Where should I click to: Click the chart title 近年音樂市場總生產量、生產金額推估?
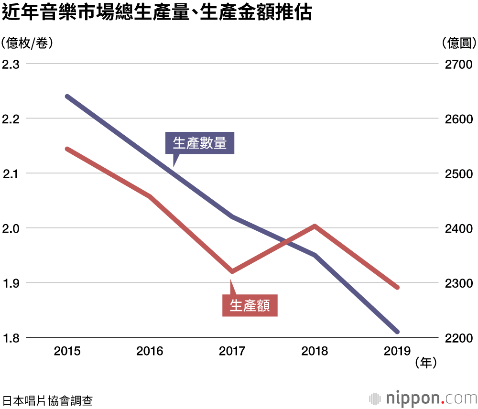pos(157,13)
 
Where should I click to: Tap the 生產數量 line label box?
pos(200,143)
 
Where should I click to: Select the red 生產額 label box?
pos(250,305)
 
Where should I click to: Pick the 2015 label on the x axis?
pos(67,352)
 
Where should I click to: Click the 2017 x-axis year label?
pos(232,352)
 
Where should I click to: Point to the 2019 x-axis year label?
pos(397,352)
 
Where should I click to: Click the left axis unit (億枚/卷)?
pos(27,43)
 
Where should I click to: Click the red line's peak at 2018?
pos(315,226)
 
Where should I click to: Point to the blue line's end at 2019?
pos(397,332)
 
